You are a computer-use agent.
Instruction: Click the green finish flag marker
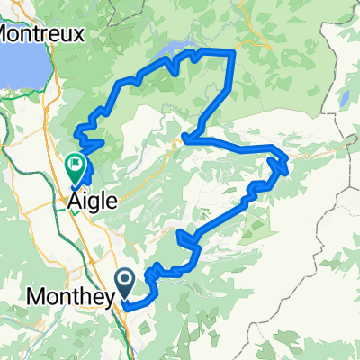[x=76, y=166]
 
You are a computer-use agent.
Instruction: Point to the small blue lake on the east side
[x=344, y=99]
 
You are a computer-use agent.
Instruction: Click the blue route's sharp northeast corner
[x=234, y=53]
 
